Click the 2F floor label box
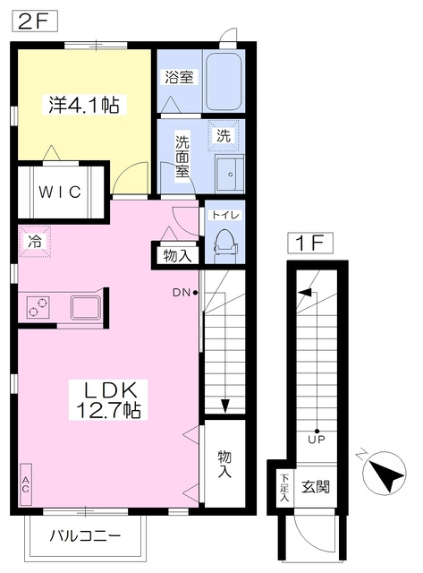tap(35, 21)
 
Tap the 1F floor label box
tap(310, 243)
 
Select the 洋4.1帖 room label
tap(84, 105)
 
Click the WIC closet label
tap(60, 192)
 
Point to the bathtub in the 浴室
tap(224, 81)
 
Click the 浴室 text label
tap(179, 78)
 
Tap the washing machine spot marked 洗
tap(224, 136)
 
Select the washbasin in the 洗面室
tap(230, 174)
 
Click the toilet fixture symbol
tap(225, 243)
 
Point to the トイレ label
tap(224, 215)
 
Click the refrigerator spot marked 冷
tap(35, 242)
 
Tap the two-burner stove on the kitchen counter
tap(38, 307)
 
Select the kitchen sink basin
tap(86, 307)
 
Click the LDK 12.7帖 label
tap(109, 399)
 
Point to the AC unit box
tap(26, 484)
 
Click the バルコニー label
tap(85, 536)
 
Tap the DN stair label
tap(182, 293)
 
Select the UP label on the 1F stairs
tap(317, 439)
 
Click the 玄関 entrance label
tap(316, 487)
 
